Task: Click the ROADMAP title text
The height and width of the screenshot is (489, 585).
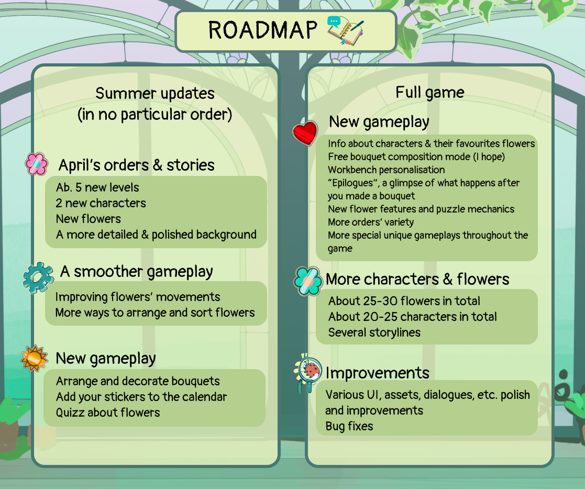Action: [x=263, y=30]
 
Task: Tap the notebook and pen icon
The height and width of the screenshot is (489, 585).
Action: [x=346, y=30]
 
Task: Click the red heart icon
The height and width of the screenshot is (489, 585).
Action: [x=305, y=133]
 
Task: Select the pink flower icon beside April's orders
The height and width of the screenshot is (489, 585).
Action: [x=37, y=164]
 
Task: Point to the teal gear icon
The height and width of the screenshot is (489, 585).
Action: [x=38, y=277]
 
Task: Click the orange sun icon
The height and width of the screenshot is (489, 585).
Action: [x=35, y=358]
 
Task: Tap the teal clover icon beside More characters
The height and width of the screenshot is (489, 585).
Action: [x=307, y=281]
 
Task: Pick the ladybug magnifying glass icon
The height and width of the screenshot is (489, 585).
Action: [x=308, y=373]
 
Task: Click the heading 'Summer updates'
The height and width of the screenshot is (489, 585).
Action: [x=155, y=94]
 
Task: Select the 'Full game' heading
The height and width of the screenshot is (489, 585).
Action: [x=430, y=93]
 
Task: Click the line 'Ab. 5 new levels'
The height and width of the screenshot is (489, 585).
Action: [x=97, y=187]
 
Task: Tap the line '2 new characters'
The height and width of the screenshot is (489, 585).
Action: [x=101, y=203]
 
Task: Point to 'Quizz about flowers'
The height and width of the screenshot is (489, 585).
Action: [x=108, y=413]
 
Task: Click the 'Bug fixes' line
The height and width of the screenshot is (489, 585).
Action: [x=349, y=426]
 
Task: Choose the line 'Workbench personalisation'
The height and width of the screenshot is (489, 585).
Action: [x=387, y=170]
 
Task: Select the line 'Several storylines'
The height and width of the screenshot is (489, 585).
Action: [x=374, y=332]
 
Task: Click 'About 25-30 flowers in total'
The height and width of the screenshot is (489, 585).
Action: [x=404, y=301]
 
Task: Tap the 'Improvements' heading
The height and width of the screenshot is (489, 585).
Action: [x=378, y=373]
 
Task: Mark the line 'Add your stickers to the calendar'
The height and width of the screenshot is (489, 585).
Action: [x=141, y=397]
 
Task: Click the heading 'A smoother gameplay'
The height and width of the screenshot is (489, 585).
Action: [x=137, y=272]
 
